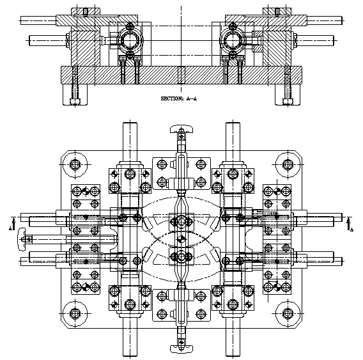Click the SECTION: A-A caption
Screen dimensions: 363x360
[179, 98]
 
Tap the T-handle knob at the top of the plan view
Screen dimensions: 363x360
[181, 129]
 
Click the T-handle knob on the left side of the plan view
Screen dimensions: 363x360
[21, 239]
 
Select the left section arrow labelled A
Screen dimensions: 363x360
[13, 224]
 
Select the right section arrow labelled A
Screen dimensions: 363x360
[349, 224]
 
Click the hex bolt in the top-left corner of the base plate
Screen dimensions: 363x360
[75, 165]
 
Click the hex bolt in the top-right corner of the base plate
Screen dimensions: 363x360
[288, 165]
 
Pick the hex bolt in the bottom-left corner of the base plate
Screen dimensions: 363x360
[75, 313]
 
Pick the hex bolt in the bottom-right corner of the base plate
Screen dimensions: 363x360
[288, 313]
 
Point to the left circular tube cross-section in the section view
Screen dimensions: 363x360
[130, 40]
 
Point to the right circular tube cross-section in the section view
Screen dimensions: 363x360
[232, 40]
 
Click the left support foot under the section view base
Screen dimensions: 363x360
[75, 95]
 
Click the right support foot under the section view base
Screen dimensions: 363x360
[288, 95]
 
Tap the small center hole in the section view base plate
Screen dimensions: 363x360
[181, 75]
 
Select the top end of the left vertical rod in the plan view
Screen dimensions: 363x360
[130, 123]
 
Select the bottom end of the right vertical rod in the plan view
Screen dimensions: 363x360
[233, 356]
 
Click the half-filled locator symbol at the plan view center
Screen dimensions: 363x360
[181, 239]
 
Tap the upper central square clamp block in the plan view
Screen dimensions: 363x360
[181, 222]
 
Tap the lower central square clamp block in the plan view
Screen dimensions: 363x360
[181, 256]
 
